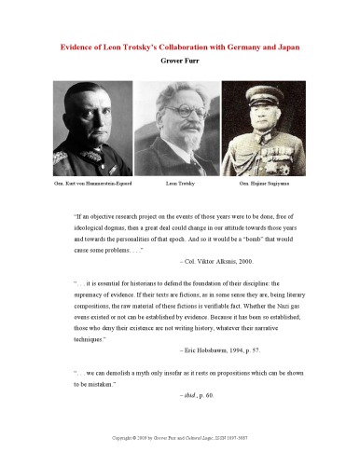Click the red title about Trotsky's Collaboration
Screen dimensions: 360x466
point(180,46)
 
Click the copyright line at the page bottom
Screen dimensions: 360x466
point(180,436)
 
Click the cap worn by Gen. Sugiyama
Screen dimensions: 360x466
point(269,90)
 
